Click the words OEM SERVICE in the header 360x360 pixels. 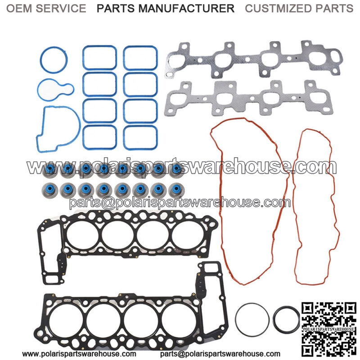pyautogui.click(x=46, y=9)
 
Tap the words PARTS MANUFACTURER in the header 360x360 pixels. pyautogui.click(x=166, y=9)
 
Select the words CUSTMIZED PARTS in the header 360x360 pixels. pyautogui.click(x=299, y=9)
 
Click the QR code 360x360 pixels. pyautogui.click(x=329, y=329)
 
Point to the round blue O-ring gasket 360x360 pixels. pyautogui.click(x=41, y=60)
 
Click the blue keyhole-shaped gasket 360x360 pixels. pyautogui.click(x=39, y=90)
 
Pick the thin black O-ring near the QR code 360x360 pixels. pyautogui.click(x=235, y=319)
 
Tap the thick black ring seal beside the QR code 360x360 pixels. pyautogui.click(x=275, y=319)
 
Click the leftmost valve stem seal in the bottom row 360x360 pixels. pyautogui.click(x=50, y=190)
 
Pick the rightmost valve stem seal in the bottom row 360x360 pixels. pyautogui.click(x=176, y=190)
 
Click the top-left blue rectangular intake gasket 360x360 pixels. pyautogui.click(x=84, y=58)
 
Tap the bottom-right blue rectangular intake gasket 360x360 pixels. pyautogui.click(x=124, y=138)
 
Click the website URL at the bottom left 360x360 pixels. pyautogui.click(x=79, y=354)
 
